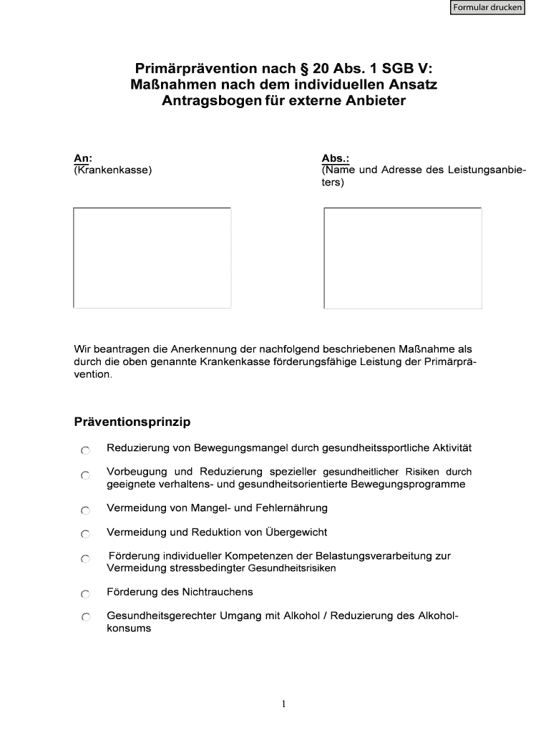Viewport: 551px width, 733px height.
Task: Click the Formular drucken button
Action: coord(487,8)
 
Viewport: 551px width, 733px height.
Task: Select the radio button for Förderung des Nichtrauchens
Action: coord(85,594)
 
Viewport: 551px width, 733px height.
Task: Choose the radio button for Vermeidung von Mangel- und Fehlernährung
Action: coord(85,510)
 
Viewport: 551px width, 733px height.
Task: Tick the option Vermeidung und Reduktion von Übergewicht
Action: coord(85,534)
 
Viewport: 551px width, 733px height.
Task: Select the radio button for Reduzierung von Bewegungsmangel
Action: coord(85,450)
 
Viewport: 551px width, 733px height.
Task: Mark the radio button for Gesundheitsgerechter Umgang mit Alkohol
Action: coord(85,618)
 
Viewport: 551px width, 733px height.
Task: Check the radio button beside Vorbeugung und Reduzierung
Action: coord(85,475)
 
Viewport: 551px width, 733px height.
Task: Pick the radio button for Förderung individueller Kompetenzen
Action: coord(85,558)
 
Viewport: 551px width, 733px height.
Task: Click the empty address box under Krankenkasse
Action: coord(152,258)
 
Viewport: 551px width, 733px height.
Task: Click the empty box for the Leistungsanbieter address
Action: coord(402,258)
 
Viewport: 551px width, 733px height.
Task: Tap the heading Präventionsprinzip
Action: coord(132,422)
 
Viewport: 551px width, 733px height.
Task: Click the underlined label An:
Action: coord(82,158)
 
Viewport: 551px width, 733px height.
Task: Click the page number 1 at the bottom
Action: coord(283,704)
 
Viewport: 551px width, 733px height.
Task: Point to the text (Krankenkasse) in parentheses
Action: coord(112,170)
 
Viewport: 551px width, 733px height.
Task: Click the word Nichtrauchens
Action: coord(218,592)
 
